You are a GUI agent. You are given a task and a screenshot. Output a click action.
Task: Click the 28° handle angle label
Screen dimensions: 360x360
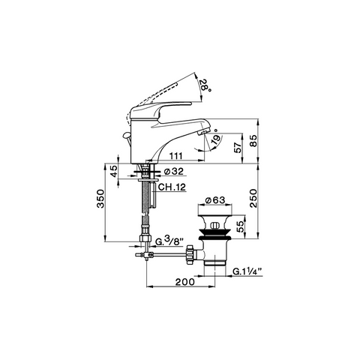point(205,85)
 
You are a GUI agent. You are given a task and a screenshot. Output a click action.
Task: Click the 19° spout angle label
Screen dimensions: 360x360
point(216,136)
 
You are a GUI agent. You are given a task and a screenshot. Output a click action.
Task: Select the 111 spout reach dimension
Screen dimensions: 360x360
point(176,156)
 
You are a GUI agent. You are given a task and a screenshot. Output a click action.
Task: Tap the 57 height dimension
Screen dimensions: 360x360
point(238,148)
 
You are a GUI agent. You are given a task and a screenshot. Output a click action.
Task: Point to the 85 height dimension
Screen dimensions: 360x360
point(253,141)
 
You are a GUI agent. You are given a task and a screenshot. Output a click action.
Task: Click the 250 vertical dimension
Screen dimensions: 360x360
point(253,198)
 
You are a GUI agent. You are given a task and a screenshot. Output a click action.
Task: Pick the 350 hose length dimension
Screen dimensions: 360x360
point(100,199)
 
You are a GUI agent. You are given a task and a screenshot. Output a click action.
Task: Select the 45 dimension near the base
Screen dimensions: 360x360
point(114,171)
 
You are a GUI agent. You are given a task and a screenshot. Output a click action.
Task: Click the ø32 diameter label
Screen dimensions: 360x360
point(173,172)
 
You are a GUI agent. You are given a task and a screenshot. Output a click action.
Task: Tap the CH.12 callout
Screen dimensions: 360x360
point(172,187)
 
